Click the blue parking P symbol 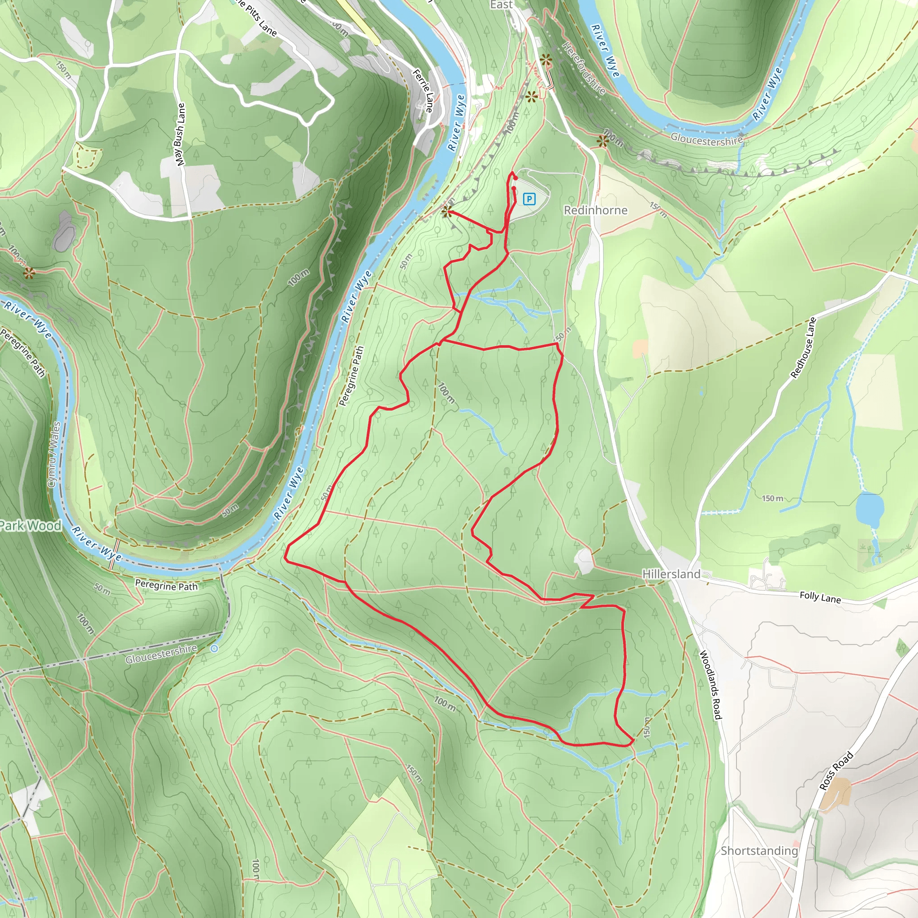529,199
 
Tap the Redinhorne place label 595,210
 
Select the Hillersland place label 671,574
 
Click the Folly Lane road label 820,597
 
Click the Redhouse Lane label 803,348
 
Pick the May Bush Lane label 180,134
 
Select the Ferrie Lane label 423,91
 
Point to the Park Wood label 31,525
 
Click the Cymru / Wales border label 55,454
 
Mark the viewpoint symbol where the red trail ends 446,212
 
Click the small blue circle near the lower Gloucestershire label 214,648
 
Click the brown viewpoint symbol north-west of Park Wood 30,273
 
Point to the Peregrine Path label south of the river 166,585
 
